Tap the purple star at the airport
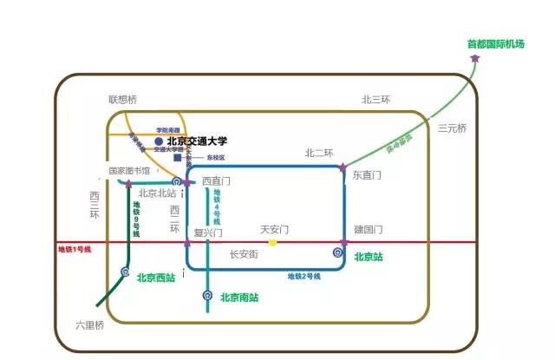pos(475,58)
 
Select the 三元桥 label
pos(452,128)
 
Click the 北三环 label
pos(375,100)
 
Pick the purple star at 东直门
pos(343,167)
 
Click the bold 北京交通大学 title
pos(198,141)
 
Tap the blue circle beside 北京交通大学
pos(159,141)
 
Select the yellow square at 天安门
pos(272,242)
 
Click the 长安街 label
pos(244,255)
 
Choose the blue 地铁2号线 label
pos(304,277)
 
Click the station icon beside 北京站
pos(337,253)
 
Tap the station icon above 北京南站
pos(207,296)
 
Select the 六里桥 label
pos(89,325)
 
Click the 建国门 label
pos(369,230)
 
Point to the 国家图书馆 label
pos(129,171)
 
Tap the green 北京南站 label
pos(239,298)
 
